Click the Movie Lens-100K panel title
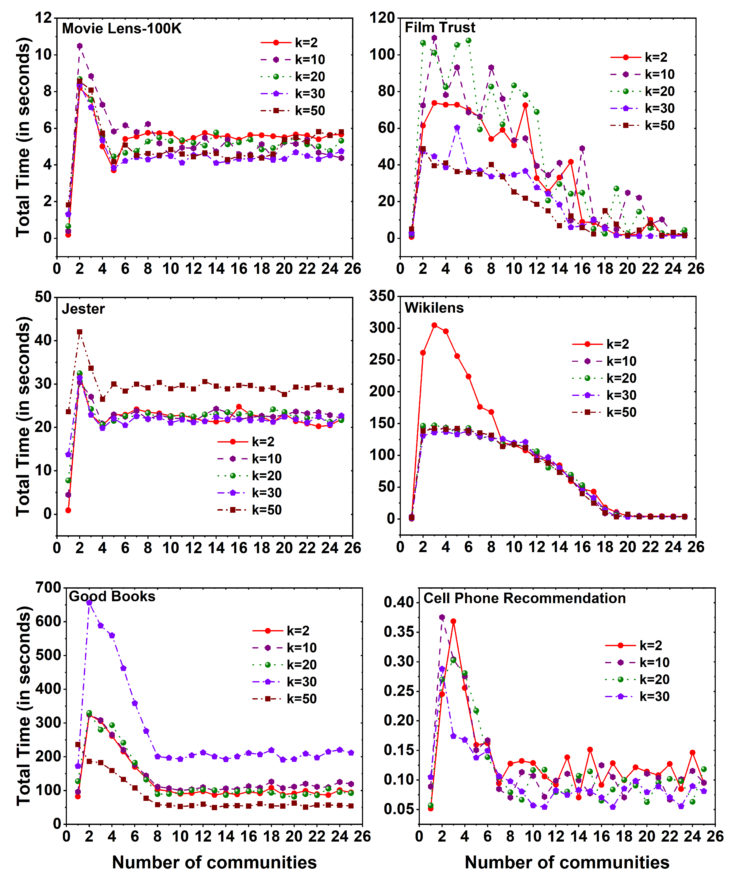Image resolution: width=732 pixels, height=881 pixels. point(122,28)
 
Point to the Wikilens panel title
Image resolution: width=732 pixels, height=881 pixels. point(434,308)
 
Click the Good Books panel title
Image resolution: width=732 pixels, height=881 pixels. point(112,596)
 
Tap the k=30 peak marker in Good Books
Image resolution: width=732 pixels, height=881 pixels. point(89,603)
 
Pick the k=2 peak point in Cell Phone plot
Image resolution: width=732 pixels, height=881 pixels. point(453,621)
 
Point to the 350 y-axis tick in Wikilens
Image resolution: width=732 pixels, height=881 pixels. point(382,296)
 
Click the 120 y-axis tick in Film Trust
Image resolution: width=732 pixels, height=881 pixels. point(382,18)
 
